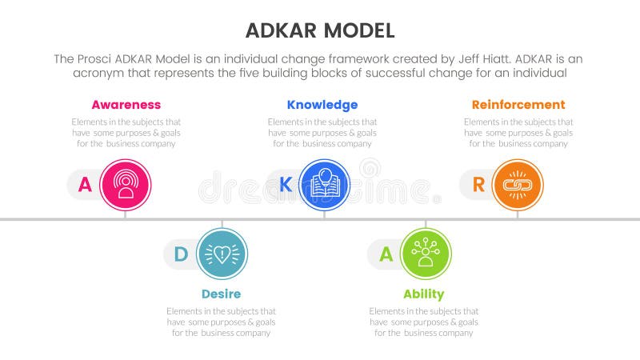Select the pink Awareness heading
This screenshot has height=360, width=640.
[126, 105]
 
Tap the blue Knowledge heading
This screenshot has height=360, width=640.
[322, 105]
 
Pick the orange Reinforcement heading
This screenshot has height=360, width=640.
[518, 105]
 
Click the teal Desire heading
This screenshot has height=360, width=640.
[221, 294]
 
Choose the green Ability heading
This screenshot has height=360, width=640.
[424, 294]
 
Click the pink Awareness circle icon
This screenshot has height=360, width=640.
[126, 185]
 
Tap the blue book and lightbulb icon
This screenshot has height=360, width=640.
[324, 185]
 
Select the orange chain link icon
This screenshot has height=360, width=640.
[518, 185]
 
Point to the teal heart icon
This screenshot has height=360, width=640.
[222, 254]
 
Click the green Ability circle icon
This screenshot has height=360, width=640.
[426, 254]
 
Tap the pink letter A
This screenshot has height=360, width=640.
[84, 186]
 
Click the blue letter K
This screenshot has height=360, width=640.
[285, 186]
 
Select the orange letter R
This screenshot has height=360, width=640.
[478, 186]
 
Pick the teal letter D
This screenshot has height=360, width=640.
[182, 254]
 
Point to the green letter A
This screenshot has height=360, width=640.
[386, 254]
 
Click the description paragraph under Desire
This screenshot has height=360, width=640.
[221, 322]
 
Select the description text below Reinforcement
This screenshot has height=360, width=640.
[518, 133]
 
